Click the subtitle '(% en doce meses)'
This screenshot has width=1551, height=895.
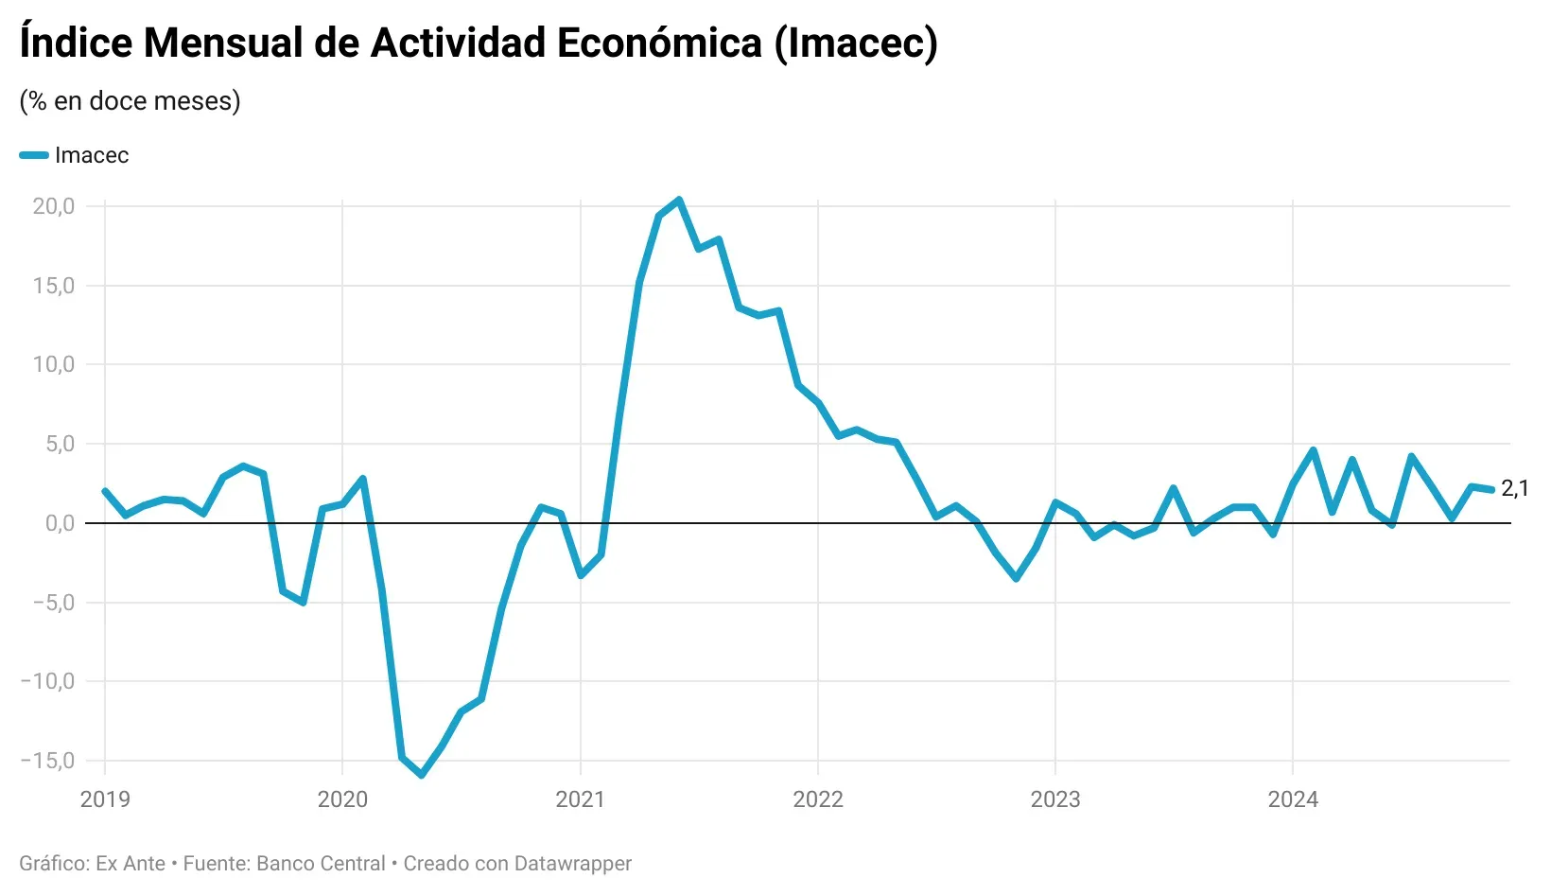(130, 100)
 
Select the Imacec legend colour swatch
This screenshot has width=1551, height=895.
(34, 155)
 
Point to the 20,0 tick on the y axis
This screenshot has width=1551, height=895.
(53, 206)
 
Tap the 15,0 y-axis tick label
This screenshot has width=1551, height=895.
(53, 286)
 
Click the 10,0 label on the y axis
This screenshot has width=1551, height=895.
(53, 364)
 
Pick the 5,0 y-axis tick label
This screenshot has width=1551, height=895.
(59, 444)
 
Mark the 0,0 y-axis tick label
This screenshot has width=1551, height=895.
(59, 523)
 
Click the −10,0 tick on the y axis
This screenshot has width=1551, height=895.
(47, 681)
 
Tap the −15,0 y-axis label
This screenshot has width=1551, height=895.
(47, 761)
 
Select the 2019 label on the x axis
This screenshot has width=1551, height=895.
(105, 799)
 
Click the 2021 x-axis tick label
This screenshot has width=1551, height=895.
(580, 799)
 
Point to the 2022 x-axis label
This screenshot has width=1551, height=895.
(817, 799)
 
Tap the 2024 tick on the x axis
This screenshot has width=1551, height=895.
(1292, 799)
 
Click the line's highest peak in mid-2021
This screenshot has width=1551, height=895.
(679, 200)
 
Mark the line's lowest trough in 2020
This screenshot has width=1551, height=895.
(422, 776)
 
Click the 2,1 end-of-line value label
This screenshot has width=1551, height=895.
(1514, 488)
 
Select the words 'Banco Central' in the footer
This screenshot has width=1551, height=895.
(321, 864)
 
